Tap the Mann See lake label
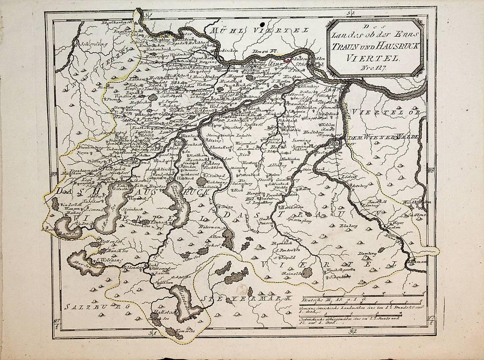[69, 233]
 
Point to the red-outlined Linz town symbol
[288, 59]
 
